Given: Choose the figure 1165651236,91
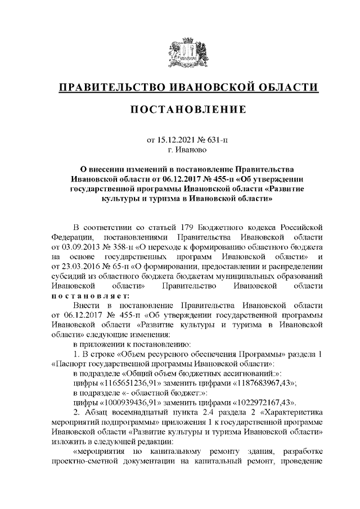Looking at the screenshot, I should tap(132, 383).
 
